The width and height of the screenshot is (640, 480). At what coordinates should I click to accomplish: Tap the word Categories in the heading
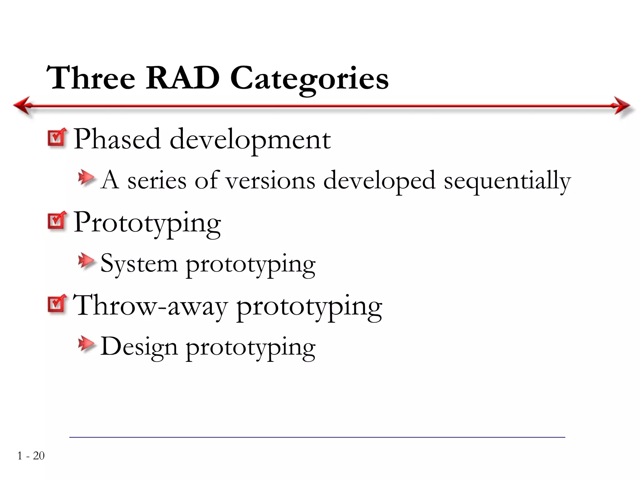pos(309,79)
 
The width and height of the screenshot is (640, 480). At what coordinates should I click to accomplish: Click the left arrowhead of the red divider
pos(22,106)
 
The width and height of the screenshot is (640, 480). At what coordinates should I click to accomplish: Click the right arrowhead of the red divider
pos(622,106)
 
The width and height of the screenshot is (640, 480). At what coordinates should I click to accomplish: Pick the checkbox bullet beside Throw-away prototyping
pos(57,304)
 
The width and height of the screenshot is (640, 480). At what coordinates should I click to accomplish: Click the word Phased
pos(117,139)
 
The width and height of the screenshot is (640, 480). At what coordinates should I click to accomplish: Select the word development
pos(250,140)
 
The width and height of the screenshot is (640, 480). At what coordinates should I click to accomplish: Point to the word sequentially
pos(507,181)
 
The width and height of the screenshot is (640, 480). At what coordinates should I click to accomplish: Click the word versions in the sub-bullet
pos(270,181)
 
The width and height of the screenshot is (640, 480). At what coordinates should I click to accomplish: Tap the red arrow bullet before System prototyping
pos(86,261)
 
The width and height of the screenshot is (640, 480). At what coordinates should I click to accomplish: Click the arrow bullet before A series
pos(86,177)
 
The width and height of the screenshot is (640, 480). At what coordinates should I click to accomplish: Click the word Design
pos(139,347)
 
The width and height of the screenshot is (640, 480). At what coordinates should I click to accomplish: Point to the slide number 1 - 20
pos(31,456)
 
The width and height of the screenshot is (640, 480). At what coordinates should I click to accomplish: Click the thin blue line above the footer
pos(317,437)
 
